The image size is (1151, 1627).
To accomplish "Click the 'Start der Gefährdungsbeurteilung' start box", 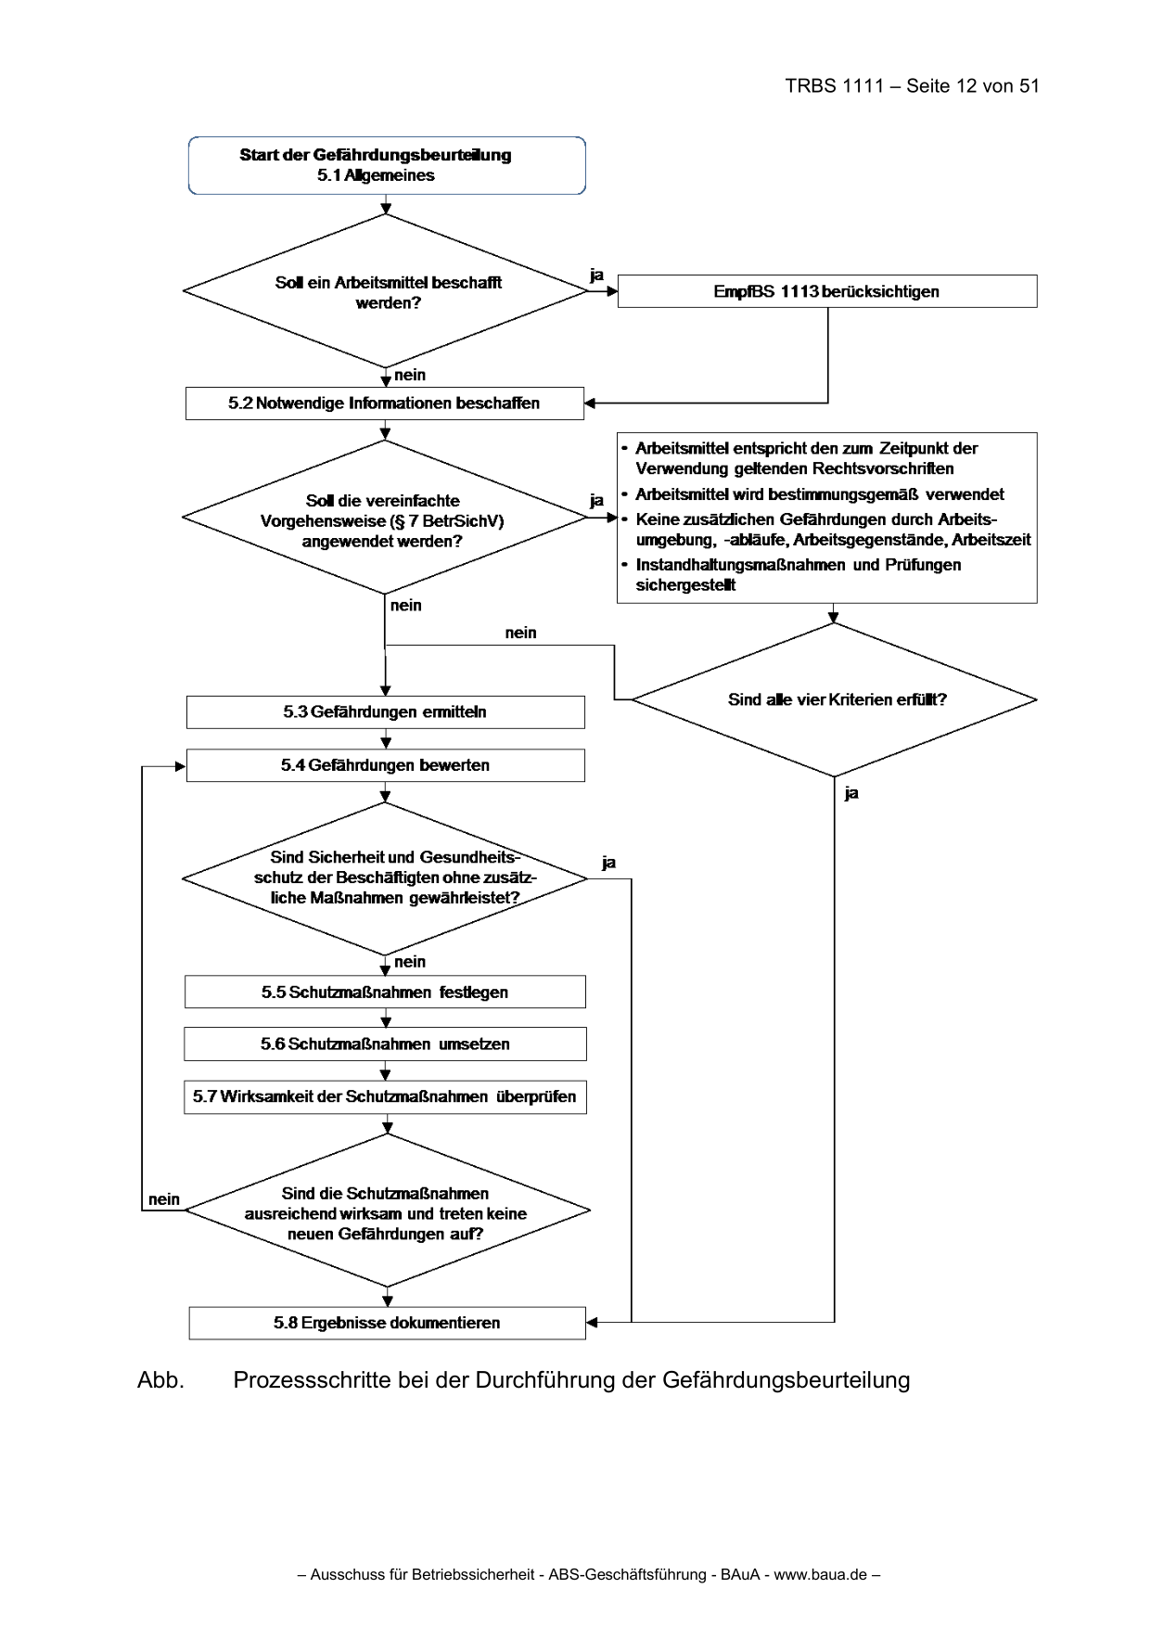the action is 387,165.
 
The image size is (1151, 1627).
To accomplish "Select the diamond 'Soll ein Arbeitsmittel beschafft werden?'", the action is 386,291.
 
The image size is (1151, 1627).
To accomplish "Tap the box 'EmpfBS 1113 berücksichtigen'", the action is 827,291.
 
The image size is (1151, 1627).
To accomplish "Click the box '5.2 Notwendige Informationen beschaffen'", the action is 385,404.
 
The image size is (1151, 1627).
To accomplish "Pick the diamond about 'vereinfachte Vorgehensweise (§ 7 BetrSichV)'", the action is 385,517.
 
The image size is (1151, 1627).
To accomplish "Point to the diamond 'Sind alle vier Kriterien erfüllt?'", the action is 835,699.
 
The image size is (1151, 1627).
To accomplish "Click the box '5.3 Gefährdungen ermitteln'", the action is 386,712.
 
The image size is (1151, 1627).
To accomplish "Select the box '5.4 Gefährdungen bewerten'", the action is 386,765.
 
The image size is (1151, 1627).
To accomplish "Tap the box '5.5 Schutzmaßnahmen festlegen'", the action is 385,992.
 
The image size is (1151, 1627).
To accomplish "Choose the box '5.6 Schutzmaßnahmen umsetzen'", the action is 385,1044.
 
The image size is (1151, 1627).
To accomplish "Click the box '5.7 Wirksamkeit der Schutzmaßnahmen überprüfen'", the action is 385,1096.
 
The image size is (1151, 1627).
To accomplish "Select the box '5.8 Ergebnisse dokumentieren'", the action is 388,1323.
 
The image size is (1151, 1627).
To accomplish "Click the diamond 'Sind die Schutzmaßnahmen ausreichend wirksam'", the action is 388,1211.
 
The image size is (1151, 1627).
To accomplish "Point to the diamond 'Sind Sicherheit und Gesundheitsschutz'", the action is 385,878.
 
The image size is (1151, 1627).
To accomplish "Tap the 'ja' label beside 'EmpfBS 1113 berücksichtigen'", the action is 597,275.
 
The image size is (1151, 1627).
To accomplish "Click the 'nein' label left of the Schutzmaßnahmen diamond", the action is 164,1199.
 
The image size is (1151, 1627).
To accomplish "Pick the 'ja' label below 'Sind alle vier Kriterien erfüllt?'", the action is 851,793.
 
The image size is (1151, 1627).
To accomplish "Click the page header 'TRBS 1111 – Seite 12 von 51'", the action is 912,86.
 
